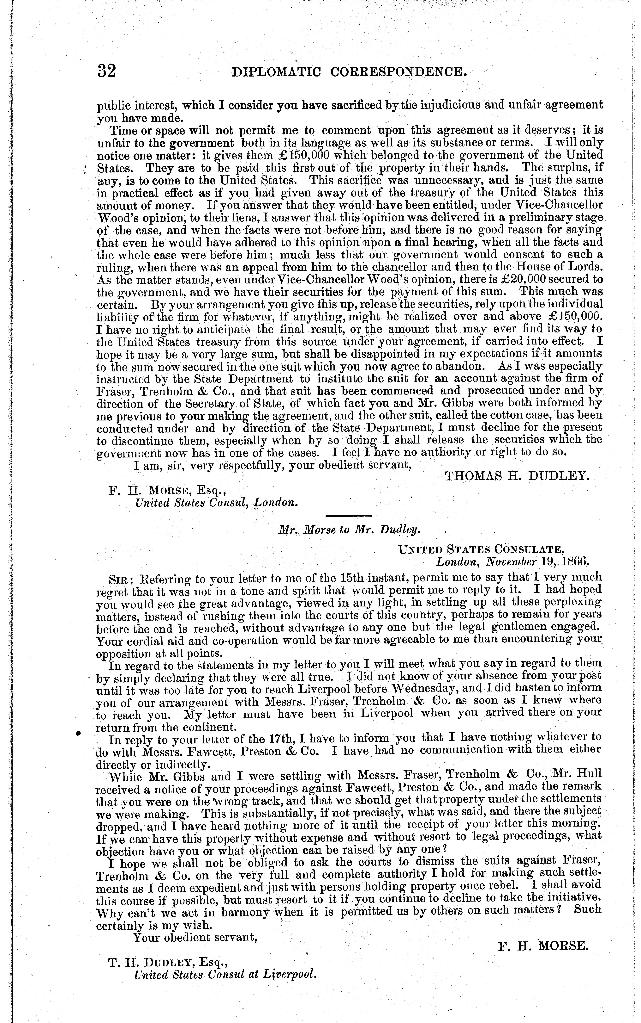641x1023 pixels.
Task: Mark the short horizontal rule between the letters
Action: [x=349, y=516]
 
